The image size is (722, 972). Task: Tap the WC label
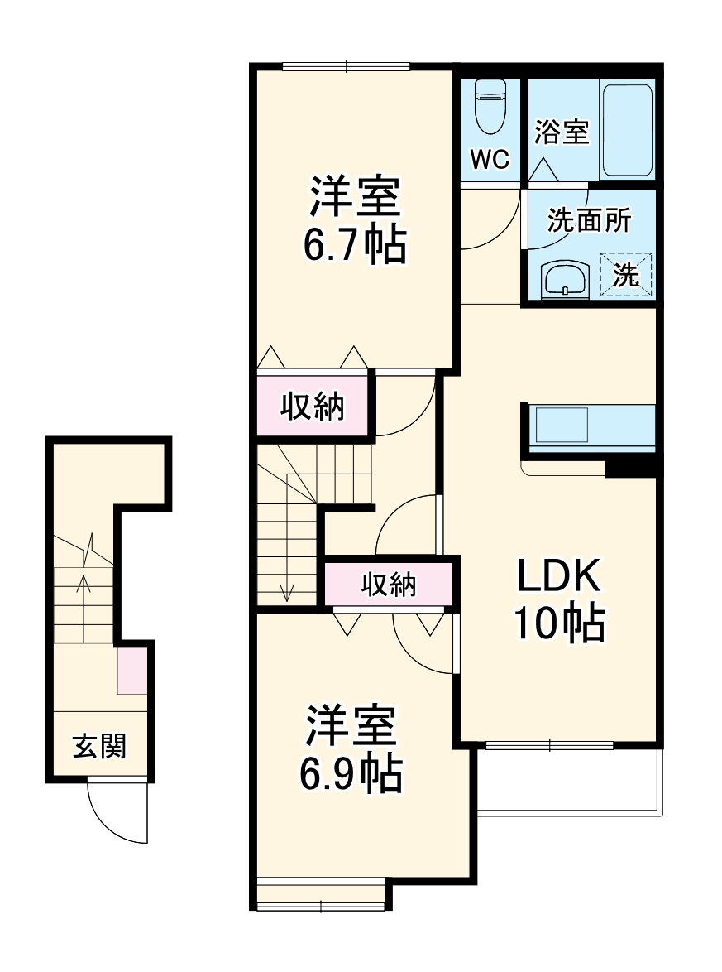[x=490, y=159]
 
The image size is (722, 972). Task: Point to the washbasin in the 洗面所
[x=565, y=280]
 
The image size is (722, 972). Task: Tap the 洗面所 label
[x=590, y=221]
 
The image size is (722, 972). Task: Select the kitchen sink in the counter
[x=562, y=426]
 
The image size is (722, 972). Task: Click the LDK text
[x=559, y=576]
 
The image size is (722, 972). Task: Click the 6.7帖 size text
[x=355, y=243]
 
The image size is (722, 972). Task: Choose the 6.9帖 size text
[x=351, y=773]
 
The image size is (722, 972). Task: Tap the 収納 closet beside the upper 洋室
[x=312, y=406]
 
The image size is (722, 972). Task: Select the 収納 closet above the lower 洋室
[x=389, y=585]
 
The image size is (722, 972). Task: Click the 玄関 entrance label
[x=100, y=746]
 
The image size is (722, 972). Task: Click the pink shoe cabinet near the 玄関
[x=131, y=671]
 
